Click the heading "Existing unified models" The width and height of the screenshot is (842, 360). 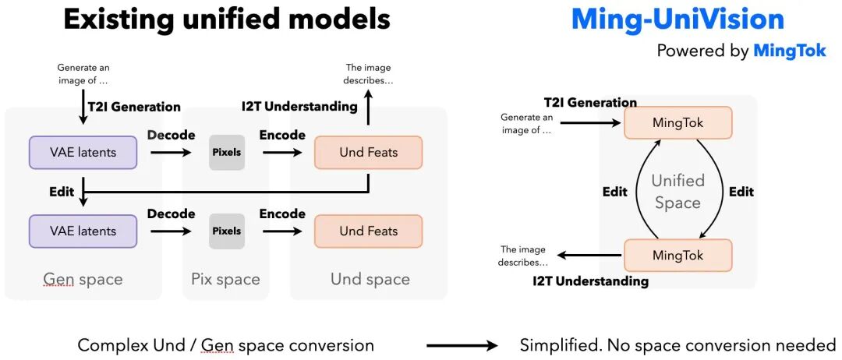point(226,19)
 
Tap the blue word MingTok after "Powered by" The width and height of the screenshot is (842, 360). point(789,51)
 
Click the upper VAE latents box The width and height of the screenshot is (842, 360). point(83,153)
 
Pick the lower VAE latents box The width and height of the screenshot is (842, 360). point(83,231)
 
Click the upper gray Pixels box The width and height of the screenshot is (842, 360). point(226,153)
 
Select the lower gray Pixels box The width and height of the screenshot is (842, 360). point(226,231)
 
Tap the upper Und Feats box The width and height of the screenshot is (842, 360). point(368,153)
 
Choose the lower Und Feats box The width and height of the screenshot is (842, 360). point(368,231)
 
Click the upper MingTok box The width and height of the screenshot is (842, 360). point(677,123)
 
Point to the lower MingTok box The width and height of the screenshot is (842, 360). point(677,256)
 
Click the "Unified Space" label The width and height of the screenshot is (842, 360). point(677,192)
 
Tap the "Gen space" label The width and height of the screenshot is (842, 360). point(83,279)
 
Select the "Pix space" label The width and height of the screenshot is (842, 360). point(225,279)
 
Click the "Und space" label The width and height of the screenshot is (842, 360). point(370,279)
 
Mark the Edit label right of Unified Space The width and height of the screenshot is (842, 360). point(741,192)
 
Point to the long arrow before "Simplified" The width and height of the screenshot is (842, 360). point(462,345)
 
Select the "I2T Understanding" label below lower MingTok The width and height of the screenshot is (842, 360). point(590,281)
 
